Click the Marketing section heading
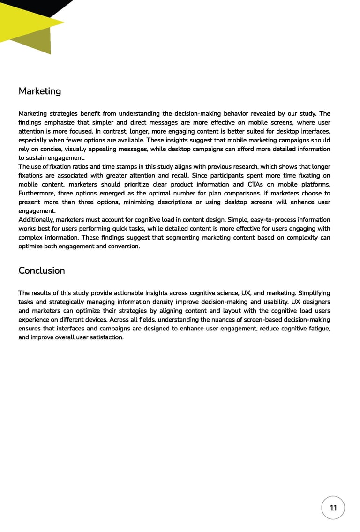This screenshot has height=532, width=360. [40, 91]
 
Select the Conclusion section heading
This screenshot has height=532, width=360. [42, 270]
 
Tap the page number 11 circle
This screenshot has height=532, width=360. [333, 508]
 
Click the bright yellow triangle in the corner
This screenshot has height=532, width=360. [23, 21]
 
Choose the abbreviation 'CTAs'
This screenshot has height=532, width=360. [255, 184]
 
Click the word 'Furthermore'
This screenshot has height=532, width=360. [37, 193]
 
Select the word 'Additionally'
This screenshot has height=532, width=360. [36, 220]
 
